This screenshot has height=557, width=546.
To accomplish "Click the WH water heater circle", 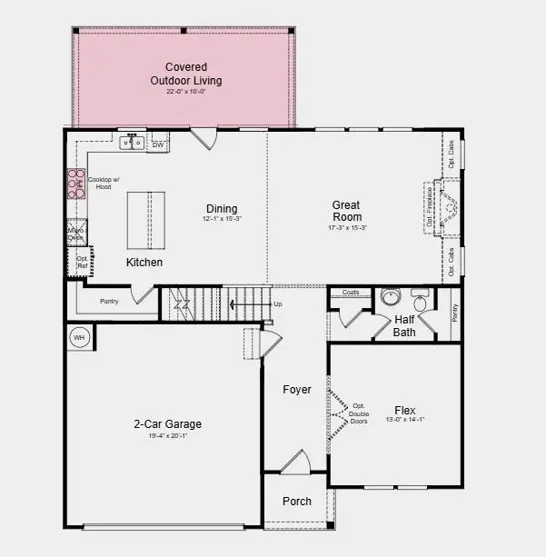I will tap(79, 338).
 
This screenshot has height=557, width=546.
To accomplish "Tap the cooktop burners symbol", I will tap(75, 186).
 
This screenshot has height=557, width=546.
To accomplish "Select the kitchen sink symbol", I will tap(133, 143).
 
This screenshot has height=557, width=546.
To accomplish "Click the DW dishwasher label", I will tap(158, 144).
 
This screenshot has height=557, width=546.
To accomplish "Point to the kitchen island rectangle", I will tap(138, 220).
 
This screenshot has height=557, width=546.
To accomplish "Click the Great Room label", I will tap(347, 211).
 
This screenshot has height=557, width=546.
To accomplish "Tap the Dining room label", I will tap(222, 209).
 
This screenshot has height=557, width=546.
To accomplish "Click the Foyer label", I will tap(296, 390).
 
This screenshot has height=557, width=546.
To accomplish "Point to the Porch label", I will tap(297, 501).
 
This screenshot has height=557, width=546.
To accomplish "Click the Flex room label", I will tap(405, 409).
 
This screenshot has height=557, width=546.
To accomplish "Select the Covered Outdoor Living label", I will tap(185, 74).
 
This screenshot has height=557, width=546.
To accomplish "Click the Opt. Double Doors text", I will tap(358, 413).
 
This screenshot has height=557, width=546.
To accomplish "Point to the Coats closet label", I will tap(351, 293).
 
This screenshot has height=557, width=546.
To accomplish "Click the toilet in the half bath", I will tap(422, 301).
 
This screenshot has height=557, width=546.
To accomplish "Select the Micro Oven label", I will tap(75, 234).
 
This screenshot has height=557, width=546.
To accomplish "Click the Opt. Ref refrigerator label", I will tap(81, 263).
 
